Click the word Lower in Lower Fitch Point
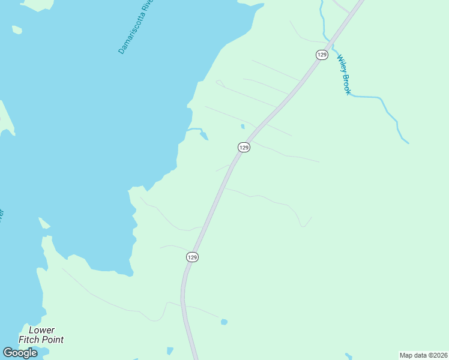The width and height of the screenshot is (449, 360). coord(41,331)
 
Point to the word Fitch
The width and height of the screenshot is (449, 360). coord(30,340)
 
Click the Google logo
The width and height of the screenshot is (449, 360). coord(20,353)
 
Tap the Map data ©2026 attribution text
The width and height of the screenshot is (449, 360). coord(423,355)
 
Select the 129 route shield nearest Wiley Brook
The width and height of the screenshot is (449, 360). coord(322,55)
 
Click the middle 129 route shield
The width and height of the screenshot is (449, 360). coord(243,147)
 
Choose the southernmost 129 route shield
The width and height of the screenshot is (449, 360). coord(191,257)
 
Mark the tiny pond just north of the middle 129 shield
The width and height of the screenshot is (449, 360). coord(243,127)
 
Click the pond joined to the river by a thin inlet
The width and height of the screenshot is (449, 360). coord(204,135)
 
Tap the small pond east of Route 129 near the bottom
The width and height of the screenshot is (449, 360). coord(224,322)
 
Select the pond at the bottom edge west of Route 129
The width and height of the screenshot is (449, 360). coord(170,350)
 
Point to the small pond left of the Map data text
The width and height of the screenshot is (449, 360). coord(349,357)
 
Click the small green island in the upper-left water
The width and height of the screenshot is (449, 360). coord(17,29)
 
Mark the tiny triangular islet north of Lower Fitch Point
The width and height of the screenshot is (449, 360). coord(44,224)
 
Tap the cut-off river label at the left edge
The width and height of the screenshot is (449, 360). coord(2,214)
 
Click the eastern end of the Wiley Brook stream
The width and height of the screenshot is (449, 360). coord(407,142)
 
